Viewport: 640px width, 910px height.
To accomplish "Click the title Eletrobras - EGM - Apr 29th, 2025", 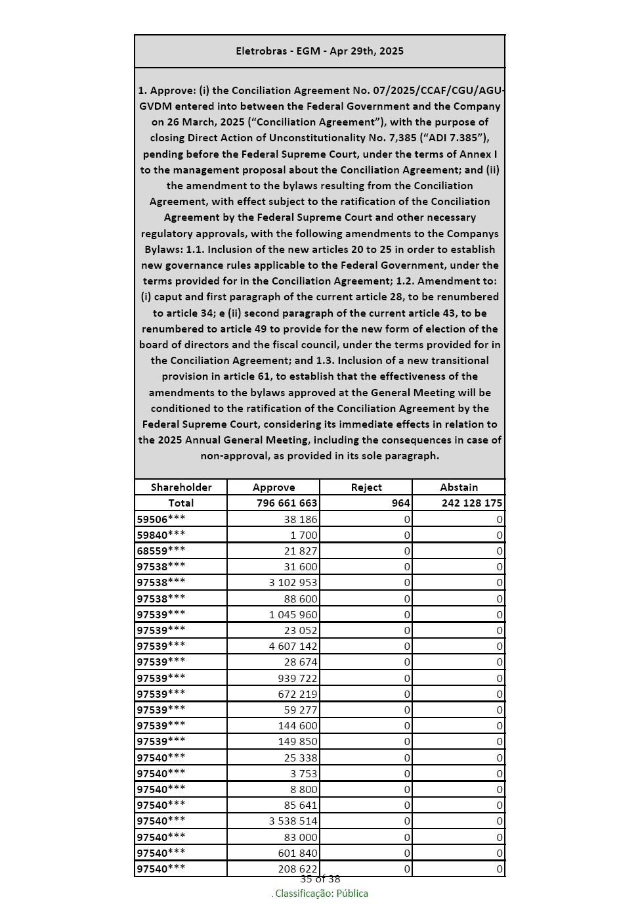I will [320, 51].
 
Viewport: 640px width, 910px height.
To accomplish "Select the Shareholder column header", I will [181, 488].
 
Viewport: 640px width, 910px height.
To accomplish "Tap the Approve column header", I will [274, 488].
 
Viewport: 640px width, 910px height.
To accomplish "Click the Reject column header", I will [366, 488].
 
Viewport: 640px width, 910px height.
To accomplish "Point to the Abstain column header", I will [459, 488].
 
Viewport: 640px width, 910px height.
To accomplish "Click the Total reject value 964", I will [400, 503].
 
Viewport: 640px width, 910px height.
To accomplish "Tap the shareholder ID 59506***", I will [161, 519].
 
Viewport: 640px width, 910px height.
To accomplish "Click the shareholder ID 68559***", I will [161, 551].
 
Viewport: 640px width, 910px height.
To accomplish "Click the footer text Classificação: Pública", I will [321, 894].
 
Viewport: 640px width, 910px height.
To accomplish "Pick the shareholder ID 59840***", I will [161, 535].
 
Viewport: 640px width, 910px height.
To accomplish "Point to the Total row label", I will [181, 503].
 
